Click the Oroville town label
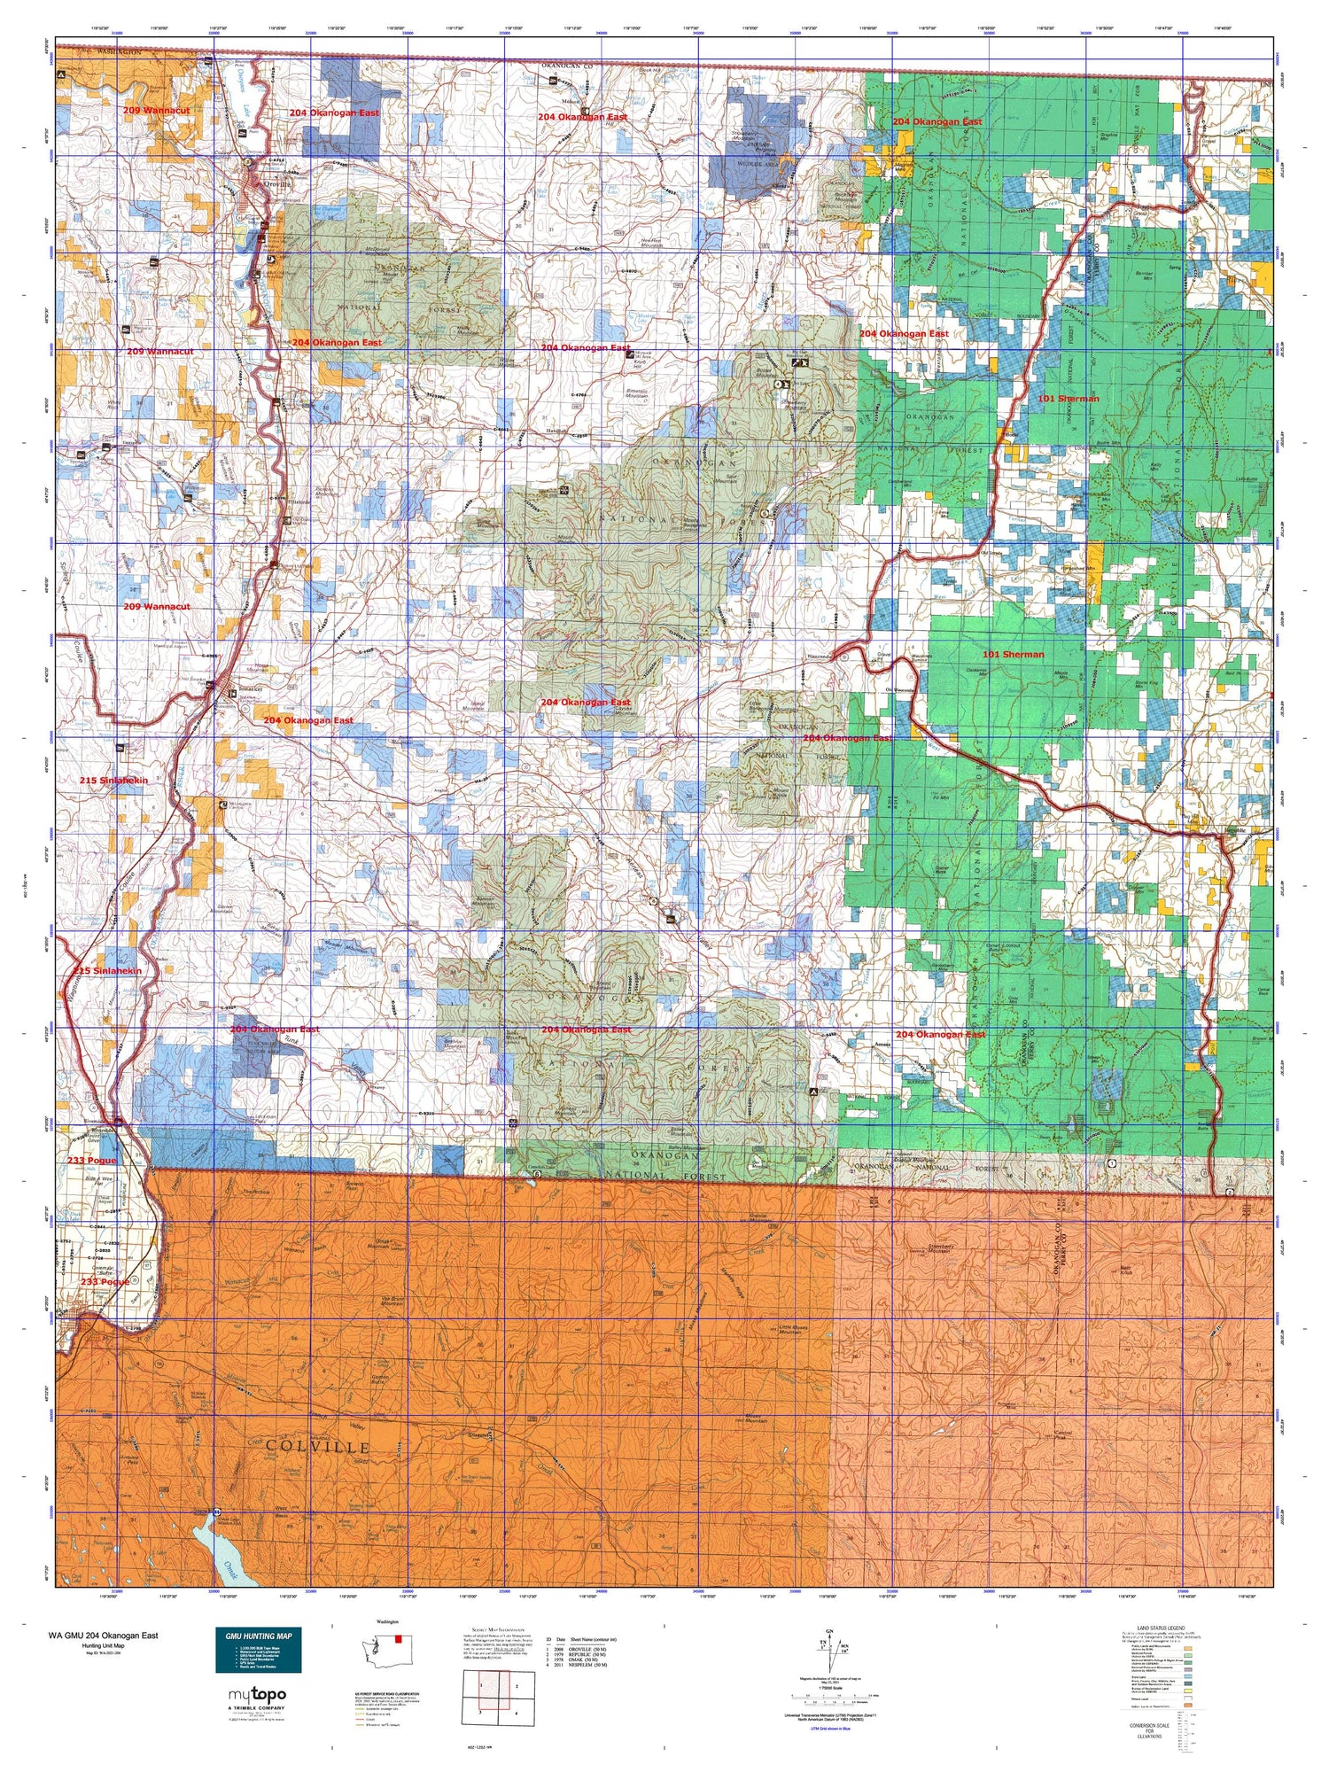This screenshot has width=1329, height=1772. [x=268, y=183]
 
